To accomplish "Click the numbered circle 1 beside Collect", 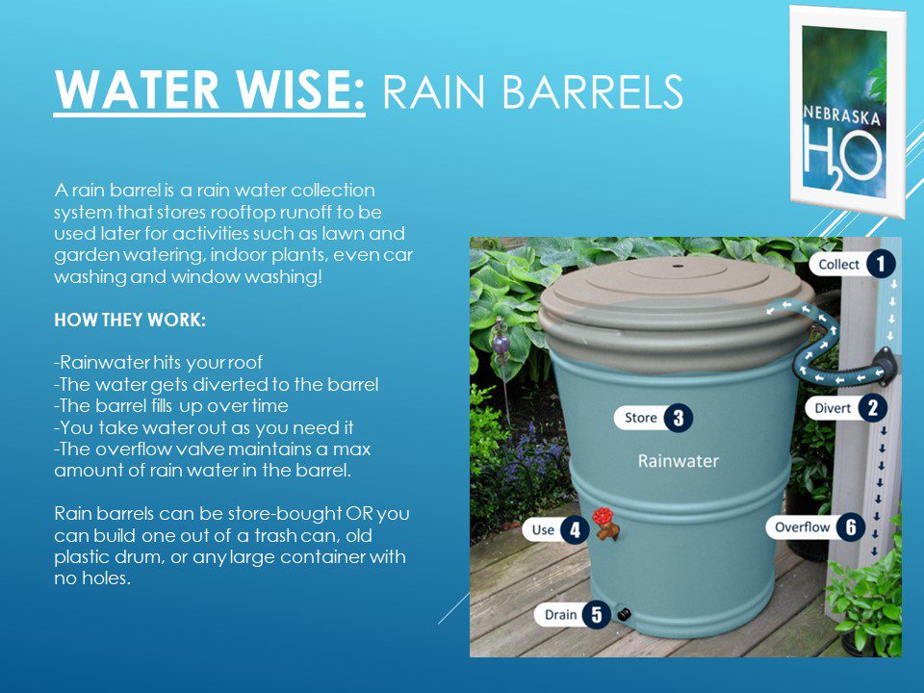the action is (881, 264).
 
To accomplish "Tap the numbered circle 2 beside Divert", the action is (873, 408).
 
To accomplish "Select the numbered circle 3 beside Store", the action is (679, 418).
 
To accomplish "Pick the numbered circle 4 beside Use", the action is (575, 529).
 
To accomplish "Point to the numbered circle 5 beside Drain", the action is (597, 615).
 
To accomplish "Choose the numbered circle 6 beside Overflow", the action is (850, 526).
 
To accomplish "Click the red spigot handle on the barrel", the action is (603, 516).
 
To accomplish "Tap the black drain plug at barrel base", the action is (624, 615).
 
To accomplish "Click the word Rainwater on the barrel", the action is (679, 461).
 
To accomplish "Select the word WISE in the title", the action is (301, 90).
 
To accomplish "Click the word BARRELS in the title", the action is (594, 91).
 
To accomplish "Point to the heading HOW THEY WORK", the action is (130, 320).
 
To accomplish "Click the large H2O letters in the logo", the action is (843, 156).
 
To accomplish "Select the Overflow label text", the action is (802, 527).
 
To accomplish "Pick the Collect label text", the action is (839, 265).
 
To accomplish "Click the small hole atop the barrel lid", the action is (677, 267).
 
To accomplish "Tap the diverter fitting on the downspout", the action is (885, 362).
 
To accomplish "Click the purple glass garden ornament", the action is (500, 345).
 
